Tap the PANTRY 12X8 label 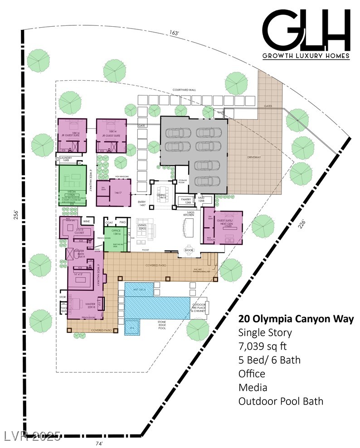186,200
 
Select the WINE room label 86,221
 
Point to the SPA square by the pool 131,327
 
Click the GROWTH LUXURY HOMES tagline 306,56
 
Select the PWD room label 122,222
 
